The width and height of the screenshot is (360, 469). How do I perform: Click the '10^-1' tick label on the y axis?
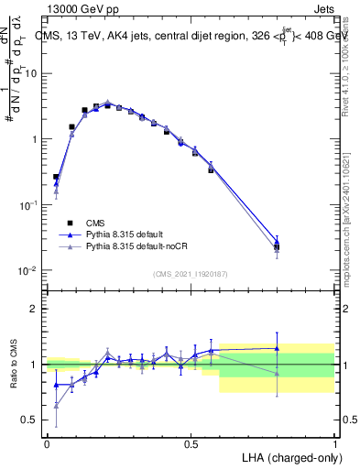pos(29,205)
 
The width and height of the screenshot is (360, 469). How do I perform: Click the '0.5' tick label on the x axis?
pos(191,444)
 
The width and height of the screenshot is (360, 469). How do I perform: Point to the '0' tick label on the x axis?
pos(47,444)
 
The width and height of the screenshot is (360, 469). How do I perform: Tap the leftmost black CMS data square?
pos(56,177)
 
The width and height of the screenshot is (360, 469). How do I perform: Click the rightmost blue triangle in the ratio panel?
pos(278,348)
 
